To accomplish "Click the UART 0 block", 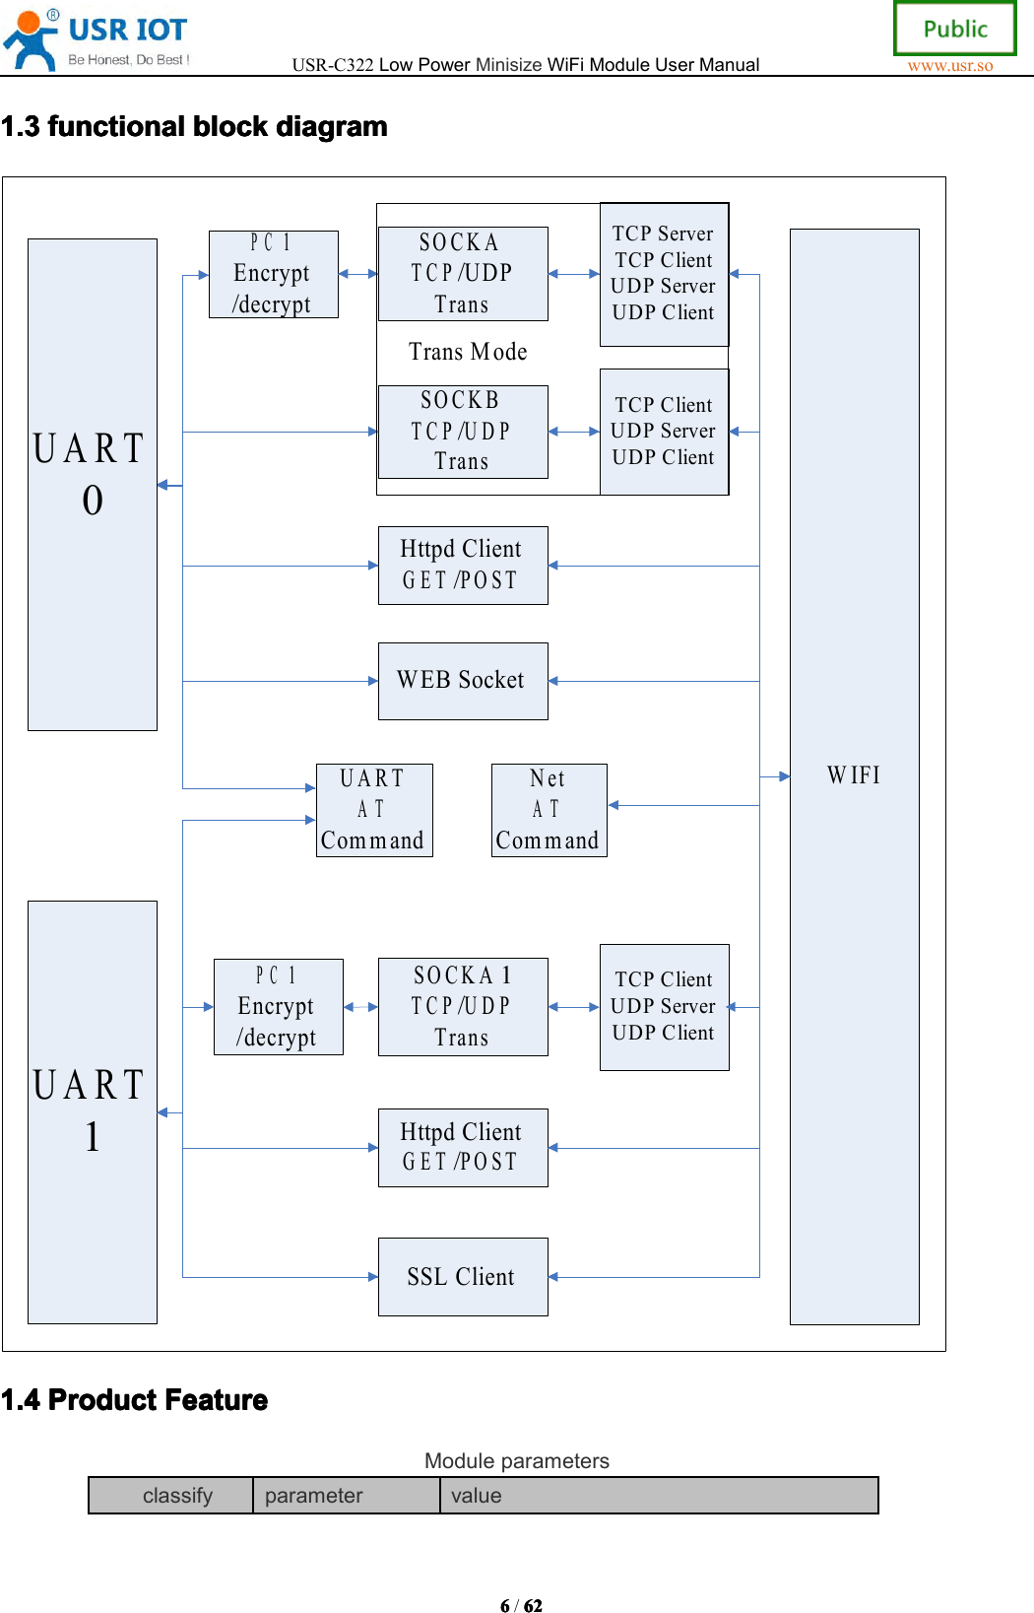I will point(92,484).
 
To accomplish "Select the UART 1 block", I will point(92,1111).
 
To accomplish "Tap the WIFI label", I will point(854,775).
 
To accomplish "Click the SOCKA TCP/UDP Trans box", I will point(462,273).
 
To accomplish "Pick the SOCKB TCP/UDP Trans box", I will point(462,432).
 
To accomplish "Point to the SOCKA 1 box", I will point(462,1006).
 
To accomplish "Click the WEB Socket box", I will point(462,681).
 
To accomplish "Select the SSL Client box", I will point(462,1276).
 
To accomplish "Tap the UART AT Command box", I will point(373,810).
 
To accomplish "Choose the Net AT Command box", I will point(549,810).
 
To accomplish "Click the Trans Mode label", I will point(468,352).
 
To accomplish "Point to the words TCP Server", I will point(663,234).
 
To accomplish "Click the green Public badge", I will point(954,29).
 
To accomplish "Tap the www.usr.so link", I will point(949,66).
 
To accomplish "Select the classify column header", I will point(177,1495).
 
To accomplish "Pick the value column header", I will point(477,1495).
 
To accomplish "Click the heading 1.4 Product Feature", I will point(135,1400).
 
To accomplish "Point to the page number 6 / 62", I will point(521,1605).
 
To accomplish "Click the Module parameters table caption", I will point(516,1460).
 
